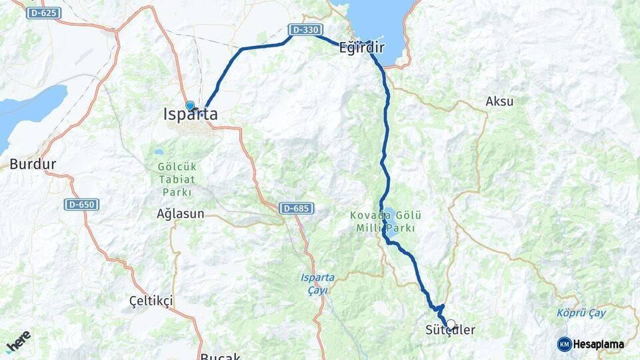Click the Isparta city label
click(190, 115)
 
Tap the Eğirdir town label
click(362, 47)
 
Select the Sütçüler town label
click(450, 331)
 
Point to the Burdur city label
click(33, 164)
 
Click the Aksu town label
click(499, 102)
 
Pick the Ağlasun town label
click(180, 214)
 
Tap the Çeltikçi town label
click(151, 301)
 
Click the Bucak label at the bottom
click(220, 356)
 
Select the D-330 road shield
click(305, 30)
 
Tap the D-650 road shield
click(82, 204)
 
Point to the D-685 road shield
click(295, 208)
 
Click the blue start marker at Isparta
click(190, 105)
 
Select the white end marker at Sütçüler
click(451, 325)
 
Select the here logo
click(18, 341)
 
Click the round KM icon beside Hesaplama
click(564, 344)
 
